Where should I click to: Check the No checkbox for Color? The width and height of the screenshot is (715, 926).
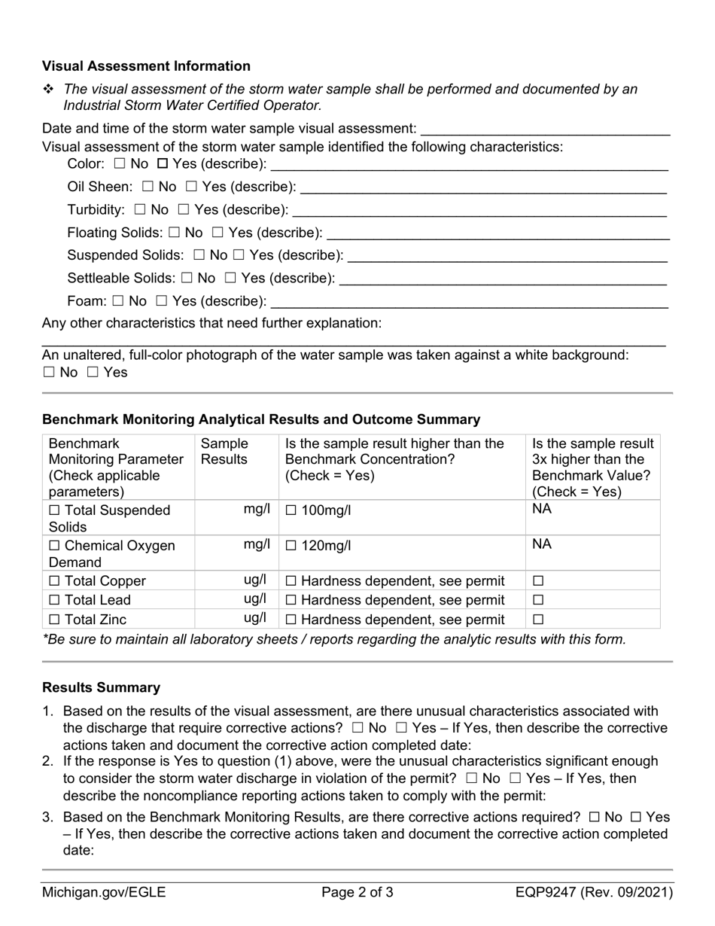tap(120, 163)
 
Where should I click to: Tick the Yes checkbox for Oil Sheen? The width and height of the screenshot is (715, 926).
tap(192, 187)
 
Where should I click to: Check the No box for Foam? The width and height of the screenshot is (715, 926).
tap(118, 302)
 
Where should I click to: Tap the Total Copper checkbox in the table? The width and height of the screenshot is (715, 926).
tap(54, 581)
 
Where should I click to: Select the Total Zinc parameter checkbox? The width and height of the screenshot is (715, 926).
tap(54, 620)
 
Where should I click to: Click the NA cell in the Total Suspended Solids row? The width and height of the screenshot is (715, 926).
tap(542, 509)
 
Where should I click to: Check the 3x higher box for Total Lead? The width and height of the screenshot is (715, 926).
tap(538, 601)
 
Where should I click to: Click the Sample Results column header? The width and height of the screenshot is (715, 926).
tap(224, 452)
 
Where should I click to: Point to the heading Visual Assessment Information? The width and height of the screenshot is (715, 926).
tap(146, 66)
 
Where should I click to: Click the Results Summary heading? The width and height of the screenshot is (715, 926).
tap(101, 687)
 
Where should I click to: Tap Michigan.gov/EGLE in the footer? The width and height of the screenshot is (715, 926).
tap(104, 893)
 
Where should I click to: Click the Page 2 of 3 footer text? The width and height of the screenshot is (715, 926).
tap(357, 893)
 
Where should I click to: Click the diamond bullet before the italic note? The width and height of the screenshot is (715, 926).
tap(49, 90)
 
